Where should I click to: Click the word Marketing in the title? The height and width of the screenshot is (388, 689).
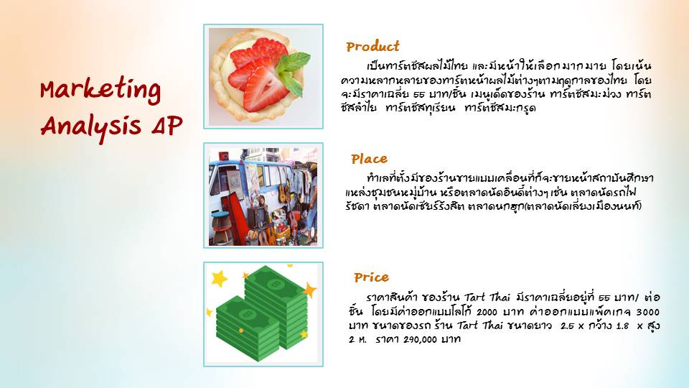click(x=100, y=91)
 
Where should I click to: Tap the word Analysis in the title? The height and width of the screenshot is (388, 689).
click(x=91, y=126)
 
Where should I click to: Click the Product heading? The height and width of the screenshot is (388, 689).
click(x=372, y=46)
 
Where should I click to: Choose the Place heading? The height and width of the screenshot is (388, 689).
click(x=369, y=159)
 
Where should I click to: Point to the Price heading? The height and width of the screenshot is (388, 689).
click(x=371, y=277)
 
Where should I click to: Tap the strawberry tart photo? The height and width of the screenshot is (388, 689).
click(x=263, y=77)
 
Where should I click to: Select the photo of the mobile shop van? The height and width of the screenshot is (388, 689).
click(x=263, y=196)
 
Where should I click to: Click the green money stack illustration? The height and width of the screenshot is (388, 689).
click(x=263, y=313)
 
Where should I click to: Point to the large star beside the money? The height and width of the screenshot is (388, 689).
click(x=219, y=278)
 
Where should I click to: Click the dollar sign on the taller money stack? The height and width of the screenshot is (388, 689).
click(x=276, y=285)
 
